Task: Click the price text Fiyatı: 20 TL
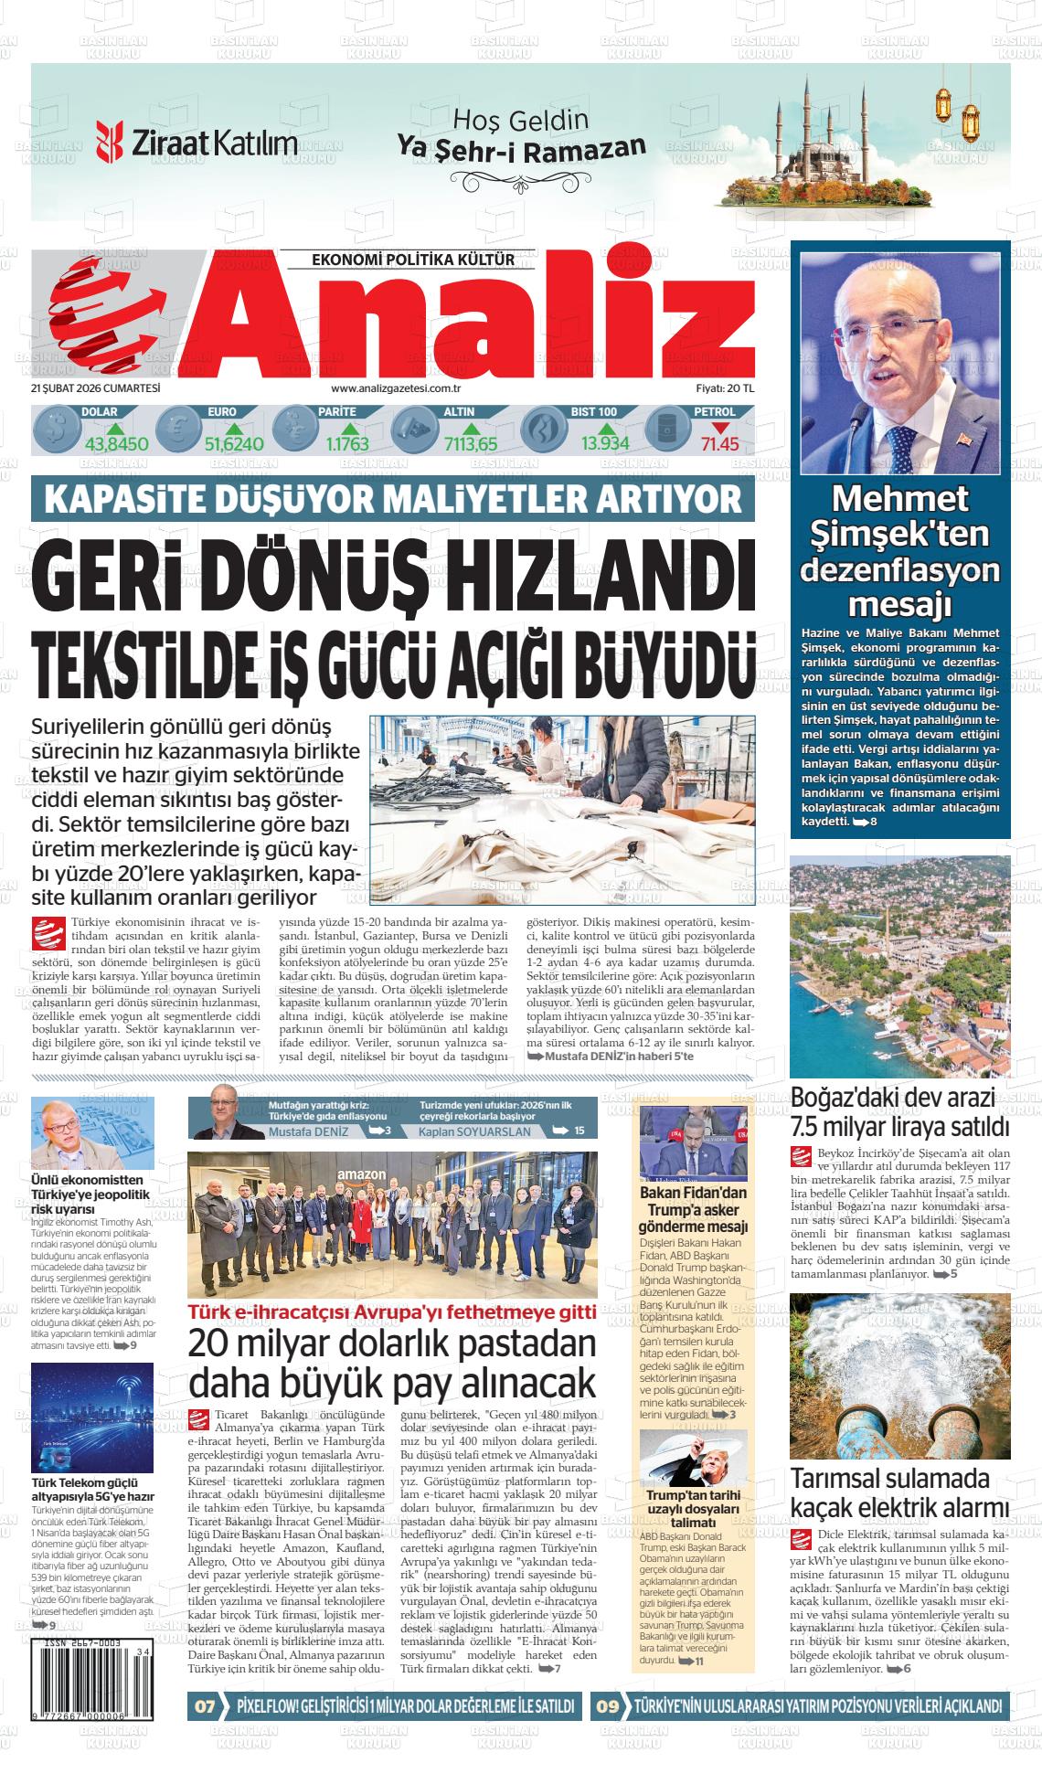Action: (723, 389)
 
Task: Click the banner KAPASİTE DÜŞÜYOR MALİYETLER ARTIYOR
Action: (393, 500)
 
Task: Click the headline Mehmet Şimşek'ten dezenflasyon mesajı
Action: (899, 551)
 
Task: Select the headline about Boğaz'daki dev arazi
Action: (899, 1110)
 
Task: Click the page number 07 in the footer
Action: (205, 1705)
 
